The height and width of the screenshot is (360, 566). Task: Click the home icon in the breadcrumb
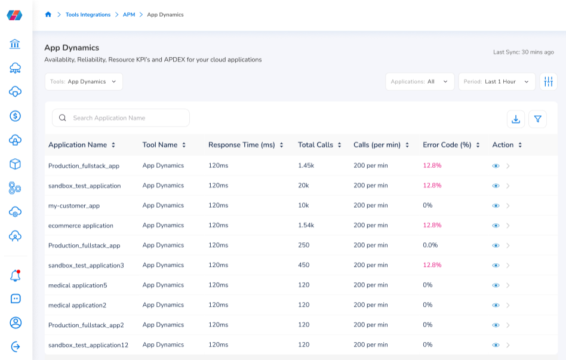coord(48,14)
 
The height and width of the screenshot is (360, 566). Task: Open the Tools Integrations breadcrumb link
coord(88,14)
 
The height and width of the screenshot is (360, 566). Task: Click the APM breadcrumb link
coord(129,14)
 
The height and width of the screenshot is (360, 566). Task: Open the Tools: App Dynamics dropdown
coord(84,82)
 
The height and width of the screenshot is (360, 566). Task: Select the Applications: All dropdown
coord(420,82)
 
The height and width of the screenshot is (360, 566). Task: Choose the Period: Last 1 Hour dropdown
coord(497,82)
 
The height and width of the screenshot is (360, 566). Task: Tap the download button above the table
coord(516,119)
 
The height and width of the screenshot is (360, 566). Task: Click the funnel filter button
coord(537,119)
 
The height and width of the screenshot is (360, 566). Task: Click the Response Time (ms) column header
coord(241,145)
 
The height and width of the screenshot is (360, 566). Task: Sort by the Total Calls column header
coord(315,145)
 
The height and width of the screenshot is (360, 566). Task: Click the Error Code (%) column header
coord(447,145)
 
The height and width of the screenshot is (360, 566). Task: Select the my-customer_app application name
coord(74,205)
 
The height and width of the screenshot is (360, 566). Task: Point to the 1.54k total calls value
coord(306,225)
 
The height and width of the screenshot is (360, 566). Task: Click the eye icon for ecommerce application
coord(496,226)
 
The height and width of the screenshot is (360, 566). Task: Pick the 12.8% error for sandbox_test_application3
coord(432,265)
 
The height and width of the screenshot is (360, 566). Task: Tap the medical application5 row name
coord(78,285)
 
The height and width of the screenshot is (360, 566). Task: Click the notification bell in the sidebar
coord(16,276)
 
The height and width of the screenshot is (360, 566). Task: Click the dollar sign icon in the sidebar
coord(16,116)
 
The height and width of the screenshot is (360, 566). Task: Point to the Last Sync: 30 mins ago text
coord(524,52)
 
